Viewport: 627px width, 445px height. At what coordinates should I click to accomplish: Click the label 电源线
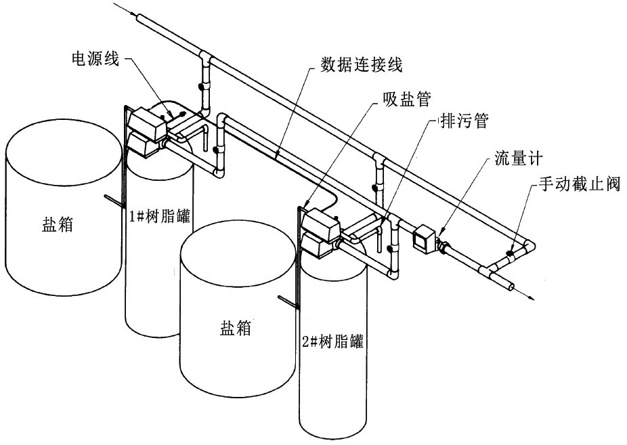tap(95, 60)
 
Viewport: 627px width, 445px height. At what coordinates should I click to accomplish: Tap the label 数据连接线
tap(362, 65)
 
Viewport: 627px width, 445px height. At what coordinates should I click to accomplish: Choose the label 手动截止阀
tap(579, 184)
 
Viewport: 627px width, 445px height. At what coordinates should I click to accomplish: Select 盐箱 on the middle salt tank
tap(236, 329)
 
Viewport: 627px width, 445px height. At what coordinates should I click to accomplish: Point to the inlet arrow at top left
tap(122, 8)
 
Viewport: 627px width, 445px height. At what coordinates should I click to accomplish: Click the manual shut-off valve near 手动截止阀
tap(507, 257)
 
